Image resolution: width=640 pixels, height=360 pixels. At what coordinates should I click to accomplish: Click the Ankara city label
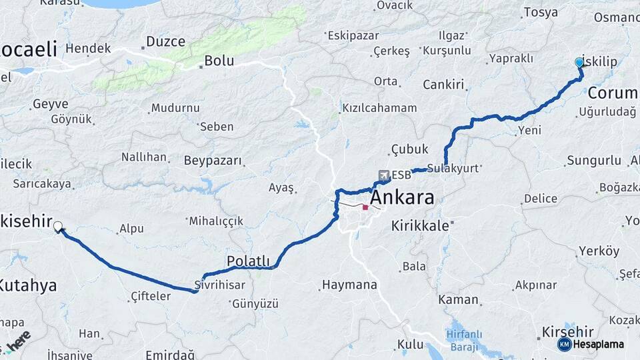[401, 197]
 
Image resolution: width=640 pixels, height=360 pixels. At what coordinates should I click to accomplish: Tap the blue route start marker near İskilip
[579, 63]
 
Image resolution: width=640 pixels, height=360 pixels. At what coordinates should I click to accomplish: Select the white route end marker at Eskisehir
[58, 227]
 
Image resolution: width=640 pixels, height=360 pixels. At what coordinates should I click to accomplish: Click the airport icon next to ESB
[384, 175]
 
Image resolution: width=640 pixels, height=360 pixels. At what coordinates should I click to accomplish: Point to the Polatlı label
[248, 261]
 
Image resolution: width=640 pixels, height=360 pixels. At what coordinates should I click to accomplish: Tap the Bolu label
[219, 61]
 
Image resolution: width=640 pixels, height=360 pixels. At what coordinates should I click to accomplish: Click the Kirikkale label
[420, 225]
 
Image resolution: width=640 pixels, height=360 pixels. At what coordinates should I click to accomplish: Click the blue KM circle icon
[564, 344]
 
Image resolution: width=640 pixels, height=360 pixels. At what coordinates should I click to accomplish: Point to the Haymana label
[349, 285]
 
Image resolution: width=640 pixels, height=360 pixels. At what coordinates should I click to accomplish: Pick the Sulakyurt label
[453, 168]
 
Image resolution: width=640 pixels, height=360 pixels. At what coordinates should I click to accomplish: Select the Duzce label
[165, 41]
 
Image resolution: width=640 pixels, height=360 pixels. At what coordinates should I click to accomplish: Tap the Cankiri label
[443, 84]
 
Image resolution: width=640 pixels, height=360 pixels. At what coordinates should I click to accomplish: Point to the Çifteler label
[151, 295]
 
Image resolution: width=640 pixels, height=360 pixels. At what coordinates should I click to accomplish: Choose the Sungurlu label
[594, 161]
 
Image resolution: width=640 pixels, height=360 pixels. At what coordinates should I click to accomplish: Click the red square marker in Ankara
[365, 207]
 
